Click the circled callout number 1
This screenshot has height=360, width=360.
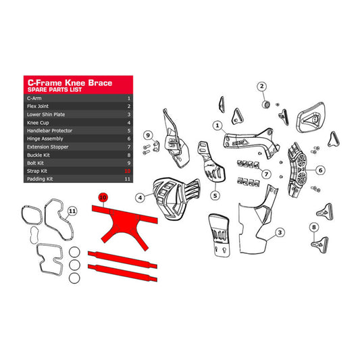click(217, 125)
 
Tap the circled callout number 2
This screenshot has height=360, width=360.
click(261, 86)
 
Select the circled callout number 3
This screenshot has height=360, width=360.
click(278, 234)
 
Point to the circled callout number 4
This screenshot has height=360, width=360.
click(140, 198)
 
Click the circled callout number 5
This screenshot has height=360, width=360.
click(215, 195)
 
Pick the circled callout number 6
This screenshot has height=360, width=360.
click(321, 170)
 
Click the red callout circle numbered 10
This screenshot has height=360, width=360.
click(103, 198)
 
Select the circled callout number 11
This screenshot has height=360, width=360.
click(73, 211)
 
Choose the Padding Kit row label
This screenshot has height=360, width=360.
click(41, 180)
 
